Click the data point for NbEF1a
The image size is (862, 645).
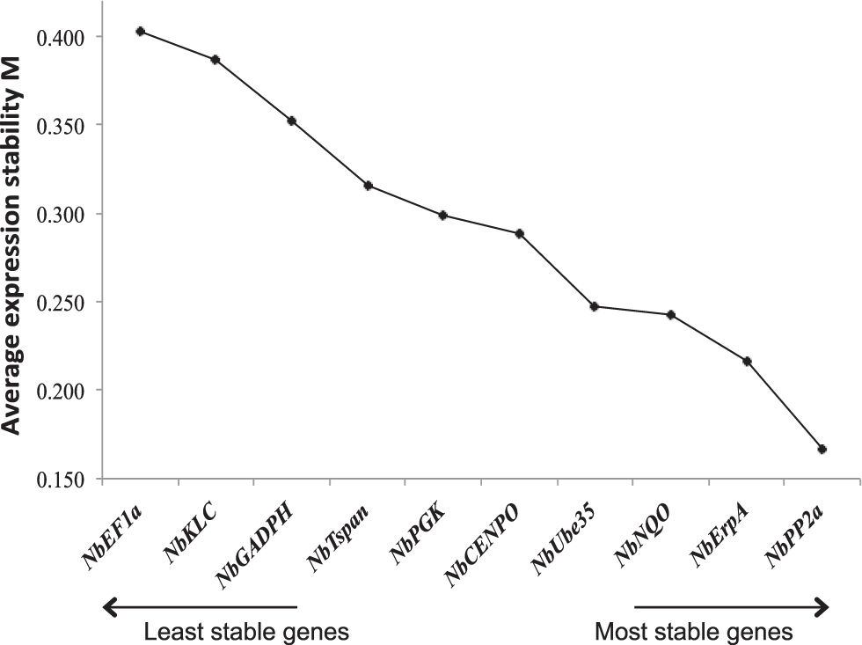(140, 32)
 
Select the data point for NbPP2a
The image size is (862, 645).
(822, 450)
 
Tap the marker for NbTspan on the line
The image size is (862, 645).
(368, 186)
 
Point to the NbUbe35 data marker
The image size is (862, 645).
(595, 306)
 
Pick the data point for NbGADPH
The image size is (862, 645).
(291, 121)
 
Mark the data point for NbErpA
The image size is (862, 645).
(747, 362)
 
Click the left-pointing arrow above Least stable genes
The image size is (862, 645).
(201, 606)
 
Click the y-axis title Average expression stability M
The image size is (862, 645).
(15, 239)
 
